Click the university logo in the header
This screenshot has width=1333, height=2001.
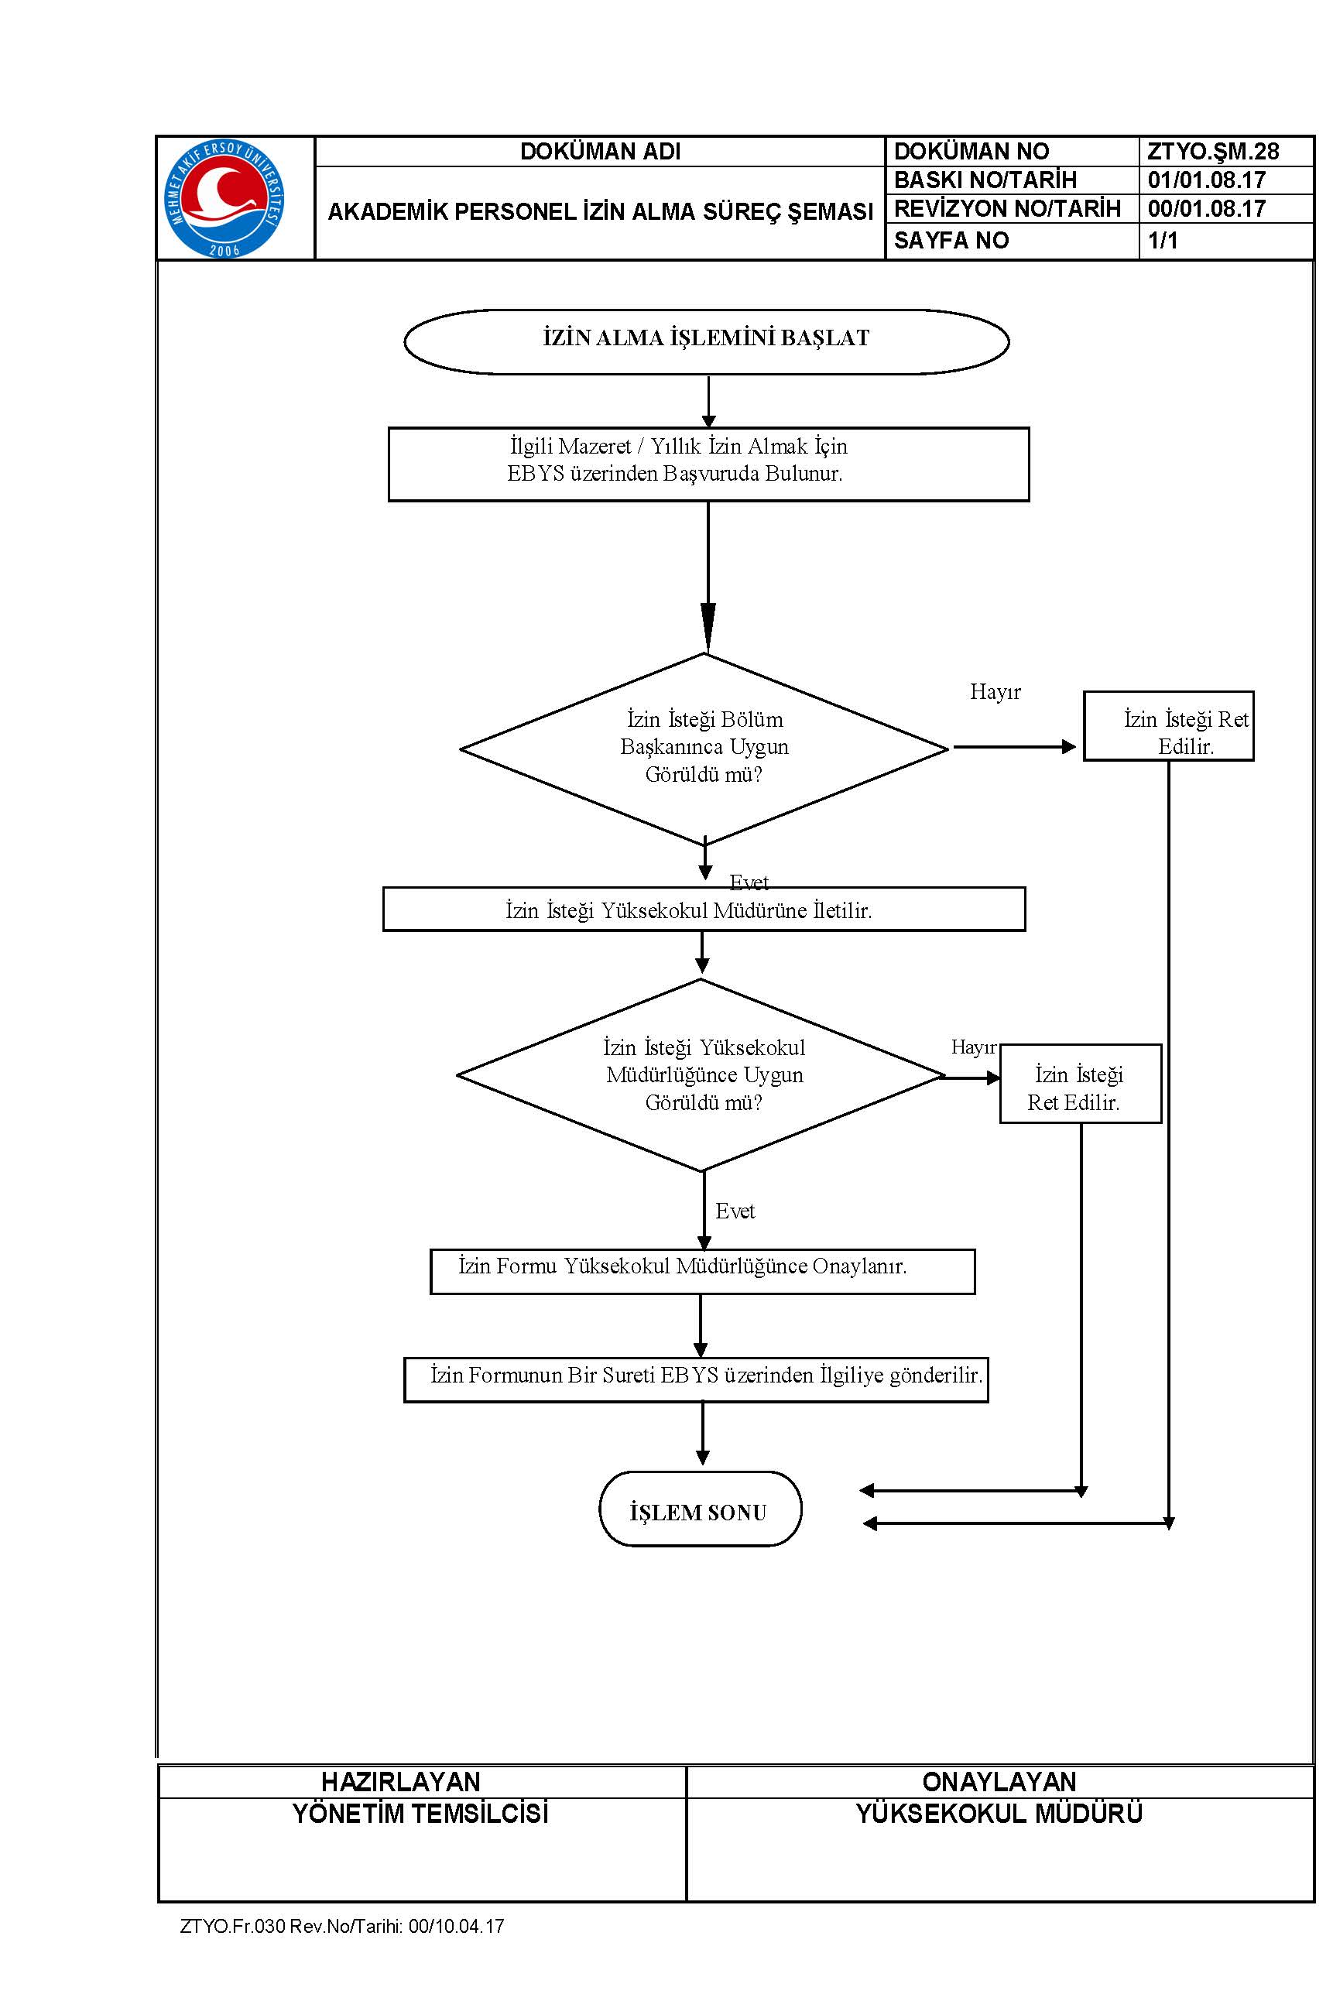point(224,199)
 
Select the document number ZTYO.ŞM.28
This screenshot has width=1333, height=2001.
point(1212,151)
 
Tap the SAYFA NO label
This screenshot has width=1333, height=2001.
point(951,241)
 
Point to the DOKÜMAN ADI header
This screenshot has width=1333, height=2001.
point(600,151)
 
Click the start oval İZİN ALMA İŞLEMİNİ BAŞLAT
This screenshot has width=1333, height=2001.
point(707,341)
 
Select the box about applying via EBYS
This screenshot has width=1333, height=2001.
point(708,464)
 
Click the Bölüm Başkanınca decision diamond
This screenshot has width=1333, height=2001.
point(704,748)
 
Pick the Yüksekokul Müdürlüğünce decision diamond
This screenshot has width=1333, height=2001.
point(701,1075)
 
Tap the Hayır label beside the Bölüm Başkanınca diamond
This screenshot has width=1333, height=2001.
point(995,692)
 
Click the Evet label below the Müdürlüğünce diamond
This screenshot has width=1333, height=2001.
point(735,1211)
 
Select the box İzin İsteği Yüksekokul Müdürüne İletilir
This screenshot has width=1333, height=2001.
point(704,910)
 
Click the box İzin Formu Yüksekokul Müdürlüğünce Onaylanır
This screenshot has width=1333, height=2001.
point(702,1272)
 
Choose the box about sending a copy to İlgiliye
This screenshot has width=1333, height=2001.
point(696,1379)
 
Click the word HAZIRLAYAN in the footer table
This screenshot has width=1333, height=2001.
point(400,1782)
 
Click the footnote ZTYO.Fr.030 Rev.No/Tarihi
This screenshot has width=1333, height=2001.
point(341,1926)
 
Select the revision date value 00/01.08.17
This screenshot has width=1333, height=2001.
point(1206,208)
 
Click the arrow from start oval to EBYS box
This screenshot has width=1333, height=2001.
point(708,402)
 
